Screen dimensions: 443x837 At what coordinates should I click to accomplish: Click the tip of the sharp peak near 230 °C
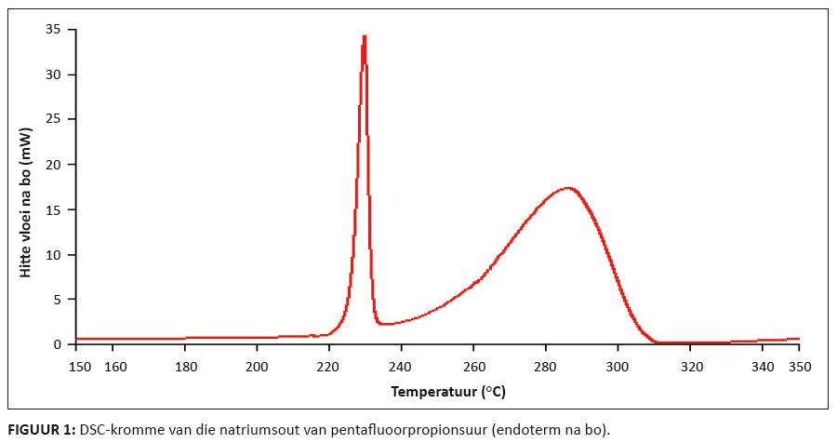coord(364,36)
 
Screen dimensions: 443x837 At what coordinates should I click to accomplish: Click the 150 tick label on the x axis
coord(81,367)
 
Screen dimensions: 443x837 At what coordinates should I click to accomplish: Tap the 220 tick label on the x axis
coord(328,367)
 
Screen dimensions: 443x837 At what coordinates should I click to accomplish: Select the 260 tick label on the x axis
coord(473,367)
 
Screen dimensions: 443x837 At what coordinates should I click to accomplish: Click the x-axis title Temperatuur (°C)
coord(449,393)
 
